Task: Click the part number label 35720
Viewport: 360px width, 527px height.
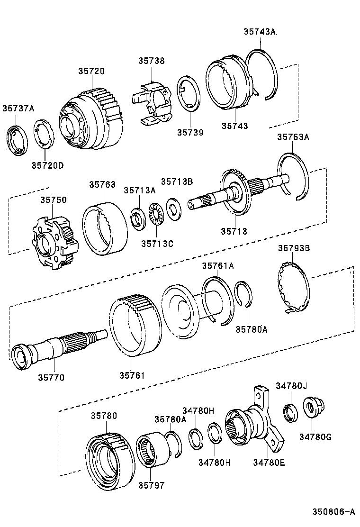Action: [x=91, y=71]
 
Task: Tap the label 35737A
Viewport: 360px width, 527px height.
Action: [x=18, y=108]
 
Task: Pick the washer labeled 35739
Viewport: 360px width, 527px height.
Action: [x=189, y=93]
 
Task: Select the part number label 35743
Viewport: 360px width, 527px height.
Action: [x=235, y=126]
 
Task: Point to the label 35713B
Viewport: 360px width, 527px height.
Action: [x=176, y=181]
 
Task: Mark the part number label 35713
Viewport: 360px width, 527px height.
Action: [x=234, y=231]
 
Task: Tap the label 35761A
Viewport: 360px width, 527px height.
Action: [x=218, y=266]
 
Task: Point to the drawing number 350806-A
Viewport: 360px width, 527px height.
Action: [x=333, y=512]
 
